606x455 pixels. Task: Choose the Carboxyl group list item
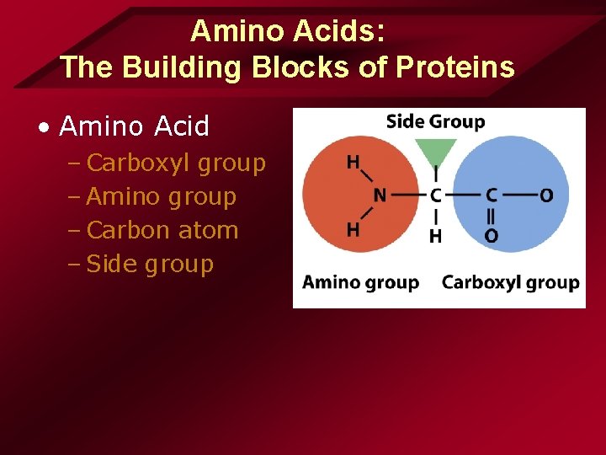pyautogui.click(x=176, y=163)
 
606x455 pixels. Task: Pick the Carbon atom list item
pyautogui.click(x=162, y=230)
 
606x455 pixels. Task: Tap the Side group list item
pyautogui.click(x=150, y=264)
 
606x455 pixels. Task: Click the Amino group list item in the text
pyautogui.click(x=161, y=196)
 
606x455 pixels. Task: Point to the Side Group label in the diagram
pyautogui.click(x=435, y=121)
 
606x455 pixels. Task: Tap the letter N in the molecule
pyautogui.click(x=380, y=195)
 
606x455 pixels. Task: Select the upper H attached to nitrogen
pyautogui.click(x=353, y=162)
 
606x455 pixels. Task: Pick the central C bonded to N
pyautogui.click(x=435, y=195)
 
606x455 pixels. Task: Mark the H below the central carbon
pyautogui.click(x=435, y=237)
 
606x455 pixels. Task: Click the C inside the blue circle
pyautogui.click(x=491, y=195)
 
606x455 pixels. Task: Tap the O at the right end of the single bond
pyautogui.click(x=546, y=195)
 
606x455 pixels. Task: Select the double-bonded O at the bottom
pyautogui.click(x=491, y=237)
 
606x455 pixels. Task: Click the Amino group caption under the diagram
pyautogui.click(x=360, y=282)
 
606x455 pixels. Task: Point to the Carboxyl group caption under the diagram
pyautogui.click(x=510, y=282)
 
